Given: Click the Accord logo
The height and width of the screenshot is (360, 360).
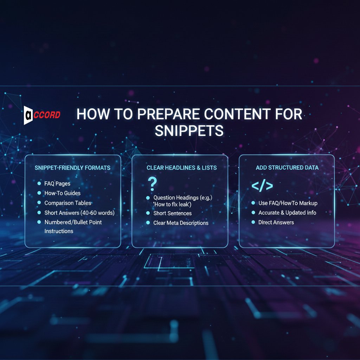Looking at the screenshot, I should click(42, 115).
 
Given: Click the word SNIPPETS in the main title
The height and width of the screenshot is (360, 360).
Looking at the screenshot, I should click(189, 130).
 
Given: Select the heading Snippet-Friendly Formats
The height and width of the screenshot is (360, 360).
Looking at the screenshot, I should click(72, 168).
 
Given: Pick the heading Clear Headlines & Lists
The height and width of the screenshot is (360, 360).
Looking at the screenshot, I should click(182, 168).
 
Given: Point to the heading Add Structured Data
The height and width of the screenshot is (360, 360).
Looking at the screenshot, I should click(287, 168).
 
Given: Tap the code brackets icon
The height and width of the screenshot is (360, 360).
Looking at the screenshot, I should click(262, 186).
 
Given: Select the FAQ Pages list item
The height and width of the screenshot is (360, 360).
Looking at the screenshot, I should click(57, 184).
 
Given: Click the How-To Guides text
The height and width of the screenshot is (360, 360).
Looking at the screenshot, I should click(62, 193).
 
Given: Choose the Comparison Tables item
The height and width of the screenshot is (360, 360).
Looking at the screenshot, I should click(68, 203).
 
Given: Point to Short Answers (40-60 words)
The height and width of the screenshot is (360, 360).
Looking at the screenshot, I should click(79, 213).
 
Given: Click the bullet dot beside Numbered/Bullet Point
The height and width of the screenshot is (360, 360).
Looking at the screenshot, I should click(39, 223).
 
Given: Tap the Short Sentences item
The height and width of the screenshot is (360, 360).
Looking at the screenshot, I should click(173, 213).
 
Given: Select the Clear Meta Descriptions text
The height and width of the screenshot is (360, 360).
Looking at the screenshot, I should click(181, 223).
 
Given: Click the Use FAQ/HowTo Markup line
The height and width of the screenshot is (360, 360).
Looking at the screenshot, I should click(288, 203).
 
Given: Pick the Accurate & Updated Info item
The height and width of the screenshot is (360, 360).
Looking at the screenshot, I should click(287, 213).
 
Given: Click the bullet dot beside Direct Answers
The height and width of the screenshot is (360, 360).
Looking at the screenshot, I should click(253, 223).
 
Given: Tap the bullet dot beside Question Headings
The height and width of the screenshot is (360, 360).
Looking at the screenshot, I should click(148, 198).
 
